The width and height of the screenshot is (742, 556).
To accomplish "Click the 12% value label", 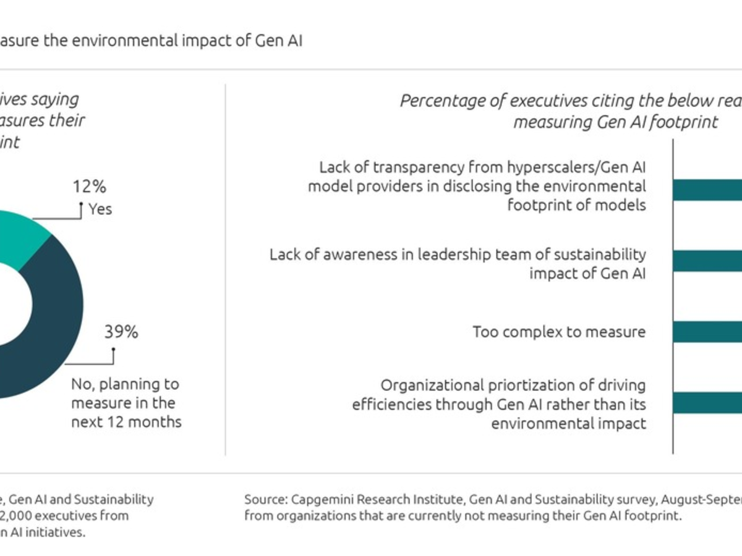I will (x=89, y=186).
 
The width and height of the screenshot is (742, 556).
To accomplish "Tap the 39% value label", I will (x=121, y=332).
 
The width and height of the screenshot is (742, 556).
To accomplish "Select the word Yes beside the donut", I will (x=100, y=209).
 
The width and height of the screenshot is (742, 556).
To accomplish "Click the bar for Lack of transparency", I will (x=708, y=190).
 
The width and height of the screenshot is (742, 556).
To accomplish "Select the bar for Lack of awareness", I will (x=708, y=261).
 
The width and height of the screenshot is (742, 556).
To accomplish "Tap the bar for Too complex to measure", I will (x=708, y=332).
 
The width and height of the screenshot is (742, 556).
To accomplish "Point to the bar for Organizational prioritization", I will (x=708, y=403).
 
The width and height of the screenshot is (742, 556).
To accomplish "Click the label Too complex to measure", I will (x=559, y=332).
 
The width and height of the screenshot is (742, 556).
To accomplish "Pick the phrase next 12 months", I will (x=126, y=422).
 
